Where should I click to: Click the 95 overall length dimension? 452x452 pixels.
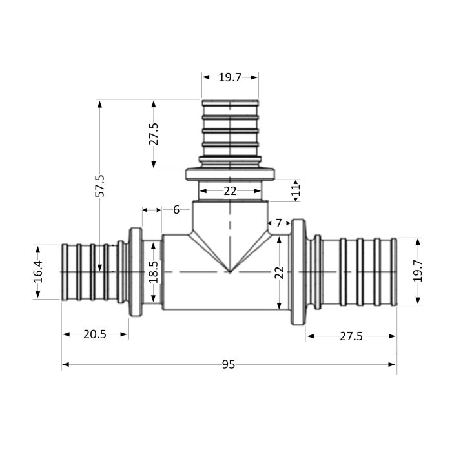click(x=228, y=365)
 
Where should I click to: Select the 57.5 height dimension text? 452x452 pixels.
click(x=100, y=185)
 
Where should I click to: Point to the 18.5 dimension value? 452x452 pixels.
click(x=153, y=271)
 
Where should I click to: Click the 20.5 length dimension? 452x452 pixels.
click(x=95, y=334)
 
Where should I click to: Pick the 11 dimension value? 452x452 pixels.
click(x=296, y=190)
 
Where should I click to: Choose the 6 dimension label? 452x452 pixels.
click(x=176, y=210)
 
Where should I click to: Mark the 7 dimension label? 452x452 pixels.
click(x=278, y=223)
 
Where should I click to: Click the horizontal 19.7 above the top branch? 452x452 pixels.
click(x=229, y=77)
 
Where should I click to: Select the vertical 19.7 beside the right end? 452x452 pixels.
click(x=417, y=271)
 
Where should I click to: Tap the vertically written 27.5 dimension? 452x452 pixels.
click(x=154, y=134)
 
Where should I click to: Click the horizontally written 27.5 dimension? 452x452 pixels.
click(x=351, y=336)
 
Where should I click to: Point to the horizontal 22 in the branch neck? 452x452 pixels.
click(x=230, y=191)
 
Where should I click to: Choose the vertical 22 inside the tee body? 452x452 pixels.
click(x=279, y=272)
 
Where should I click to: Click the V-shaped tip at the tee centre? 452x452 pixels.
click(x=230, y=271)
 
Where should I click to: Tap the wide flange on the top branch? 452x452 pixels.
click(x=230, y=174)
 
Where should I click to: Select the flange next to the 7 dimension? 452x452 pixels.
click(x=298, y=271)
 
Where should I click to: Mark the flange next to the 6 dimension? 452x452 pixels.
click(x=136, y=271)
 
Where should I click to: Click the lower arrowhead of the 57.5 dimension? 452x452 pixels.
click(x=100, y=267)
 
